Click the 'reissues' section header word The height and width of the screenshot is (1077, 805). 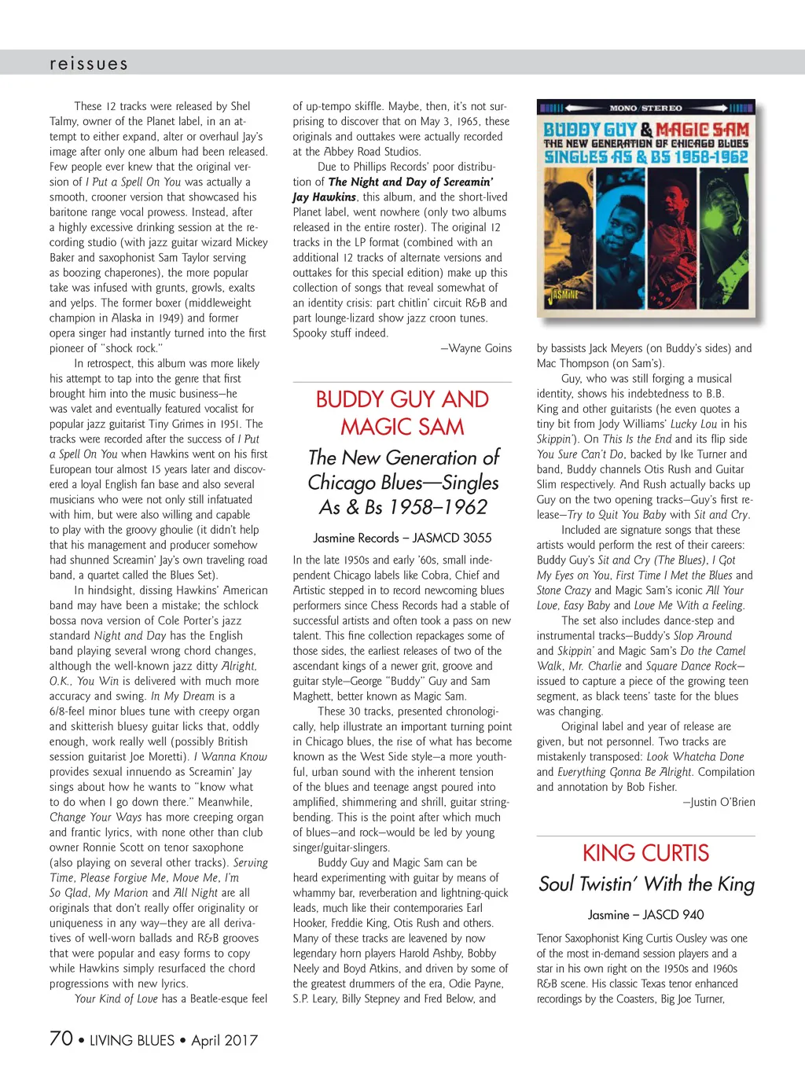[x=88, y=64]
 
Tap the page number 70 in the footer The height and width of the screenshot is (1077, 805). [x=61, y=1038]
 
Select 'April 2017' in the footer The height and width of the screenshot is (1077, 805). [x=224, y=1040]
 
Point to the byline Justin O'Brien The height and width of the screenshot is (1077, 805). [x=719, y=802]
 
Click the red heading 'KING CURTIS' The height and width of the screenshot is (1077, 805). [x=645, y=853]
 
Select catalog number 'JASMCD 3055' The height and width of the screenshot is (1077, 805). [x=452, y=538]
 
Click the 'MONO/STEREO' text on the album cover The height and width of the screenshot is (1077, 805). [x=645, y=108]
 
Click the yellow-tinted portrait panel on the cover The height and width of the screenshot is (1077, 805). [x=563, y=236]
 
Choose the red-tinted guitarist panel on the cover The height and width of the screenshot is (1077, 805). [x=727, y=236]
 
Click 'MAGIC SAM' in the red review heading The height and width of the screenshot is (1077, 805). [x=402, y=427]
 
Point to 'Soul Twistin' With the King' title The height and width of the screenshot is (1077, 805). [x=645, y=884]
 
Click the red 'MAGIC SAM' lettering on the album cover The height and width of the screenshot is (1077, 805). [x=703, y=130]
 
